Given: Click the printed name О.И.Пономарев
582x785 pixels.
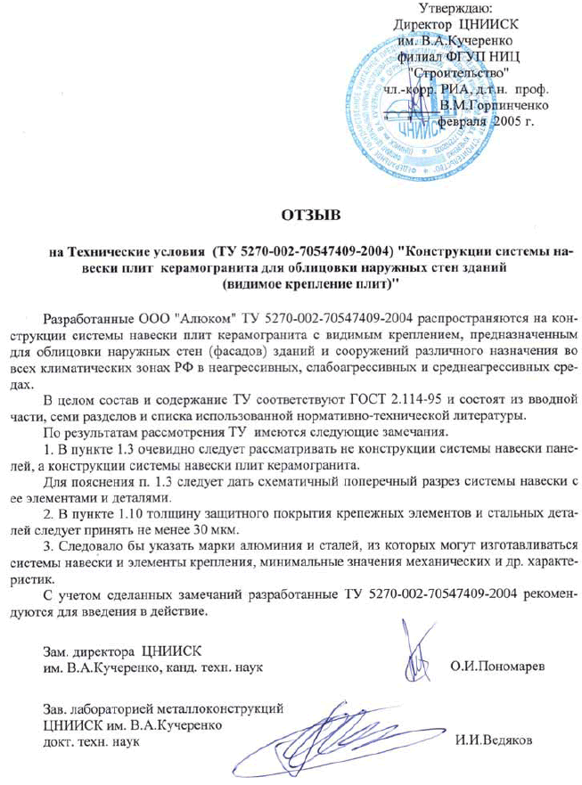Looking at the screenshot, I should click(x=497, y=664).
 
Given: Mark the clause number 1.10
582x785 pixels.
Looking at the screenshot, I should click(x=133, y=516).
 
